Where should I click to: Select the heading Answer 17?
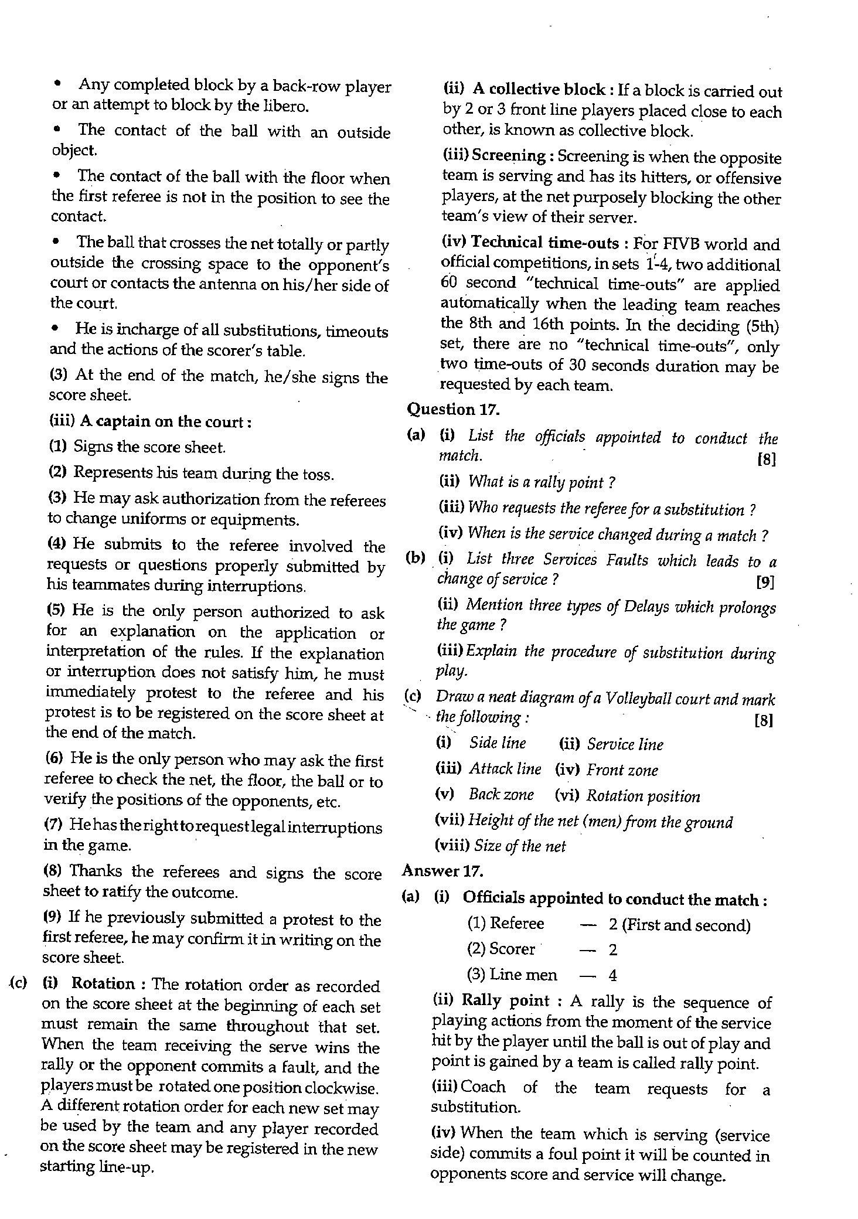[x=442, y=871]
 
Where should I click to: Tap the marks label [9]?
[x=765, y=582]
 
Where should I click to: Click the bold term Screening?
[x=509, y=156]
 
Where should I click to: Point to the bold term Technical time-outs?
[x=545, y=243]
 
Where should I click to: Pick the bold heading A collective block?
[x=539, y=90]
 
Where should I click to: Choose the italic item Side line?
[x=498, y=743]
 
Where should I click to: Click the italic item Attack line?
[x=505, y=769]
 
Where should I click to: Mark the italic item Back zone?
[x=501, y=795]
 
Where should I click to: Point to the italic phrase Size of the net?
[x=520, y=846]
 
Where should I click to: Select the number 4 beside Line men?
[x=612, y=975]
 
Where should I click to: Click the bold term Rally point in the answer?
[x=505, y=1000]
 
